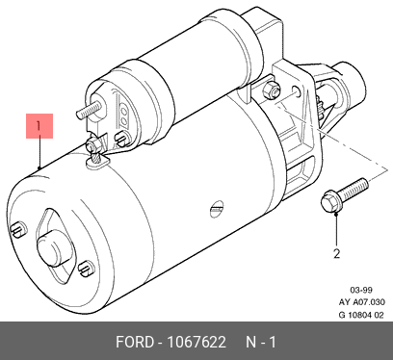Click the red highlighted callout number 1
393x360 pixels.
click(39, 126)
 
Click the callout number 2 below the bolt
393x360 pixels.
click(336, 254)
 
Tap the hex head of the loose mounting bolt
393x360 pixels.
click(329, 200)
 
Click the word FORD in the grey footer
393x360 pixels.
click(135, 342)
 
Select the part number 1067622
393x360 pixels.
click(196, 342)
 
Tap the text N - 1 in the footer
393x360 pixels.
click(261, 342)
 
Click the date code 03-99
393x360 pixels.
click(361, 290)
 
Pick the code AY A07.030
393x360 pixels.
click(361, 302)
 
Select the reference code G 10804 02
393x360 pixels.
click(361, 315)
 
